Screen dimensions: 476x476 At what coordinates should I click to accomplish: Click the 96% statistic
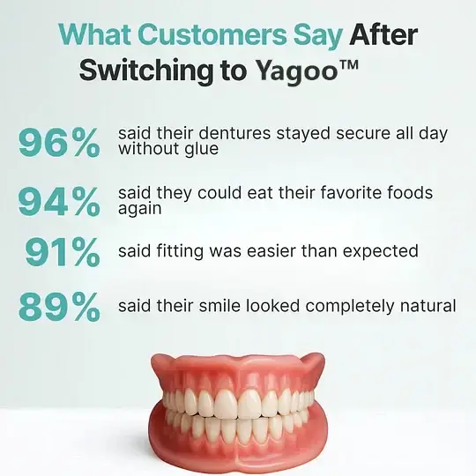point(59,142)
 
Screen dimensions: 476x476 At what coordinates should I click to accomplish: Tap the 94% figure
point(59,202)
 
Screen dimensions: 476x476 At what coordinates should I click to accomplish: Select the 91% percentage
point(62,252)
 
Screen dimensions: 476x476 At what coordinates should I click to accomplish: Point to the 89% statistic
point(59,308)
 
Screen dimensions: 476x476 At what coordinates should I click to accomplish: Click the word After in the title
point(383,35)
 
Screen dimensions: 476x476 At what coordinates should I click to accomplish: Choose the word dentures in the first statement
point(227,133)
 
